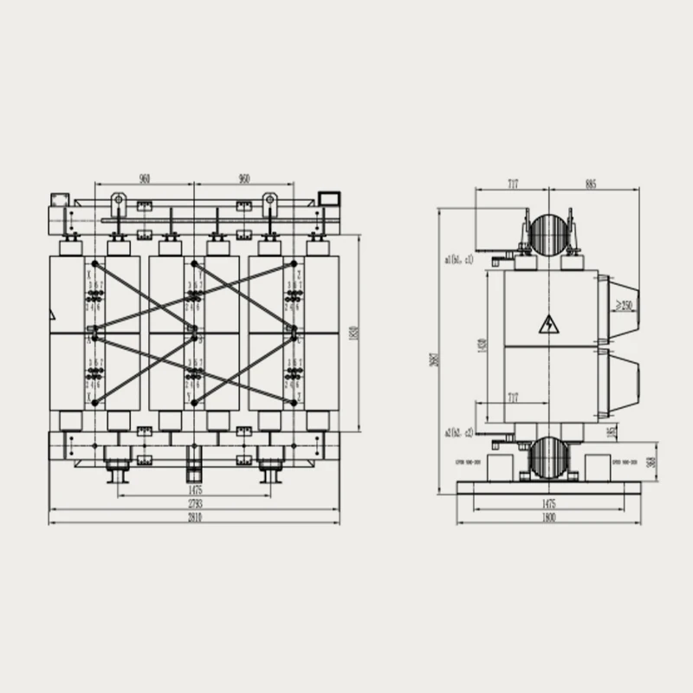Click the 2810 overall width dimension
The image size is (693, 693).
pyautogui.click(x=194, y=517)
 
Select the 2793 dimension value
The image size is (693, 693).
pyautogui.click(x=194, y=503)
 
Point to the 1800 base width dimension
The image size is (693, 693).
pyautogui.click(x=548, y=517)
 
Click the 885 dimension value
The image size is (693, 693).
pyautogui.click(x=590, y=185)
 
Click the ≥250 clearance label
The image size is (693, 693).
pyautogui.click(x=624, y=305)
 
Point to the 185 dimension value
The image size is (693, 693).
pyautogui.click(x=612, y=431)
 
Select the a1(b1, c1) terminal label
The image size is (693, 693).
pyautogui.click(x=458, y=258)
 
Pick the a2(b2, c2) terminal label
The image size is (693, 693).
pyautogui.click(x=458, y=432)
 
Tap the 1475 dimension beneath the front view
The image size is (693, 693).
pyautogui.click(x=194, y=490)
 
